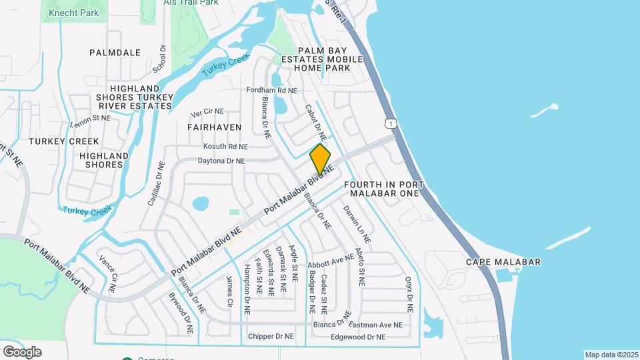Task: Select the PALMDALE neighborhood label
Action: (115, 52)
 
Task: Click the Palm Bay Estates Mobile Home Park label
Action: (331, 59)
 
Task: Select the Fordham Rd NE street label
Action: (271, 90)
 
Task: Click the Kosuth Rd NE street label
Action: (225, 146)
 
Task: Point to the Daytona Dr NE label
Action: (221, 161)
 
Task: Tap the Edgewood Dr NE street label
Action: (358, 337)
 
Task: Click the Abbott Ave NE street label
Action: (331, 259)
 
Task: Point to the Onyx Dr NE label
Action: (409, 295)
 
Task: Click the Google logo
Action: (22, 351)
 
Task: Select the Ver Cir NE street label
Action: (207, 112)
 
